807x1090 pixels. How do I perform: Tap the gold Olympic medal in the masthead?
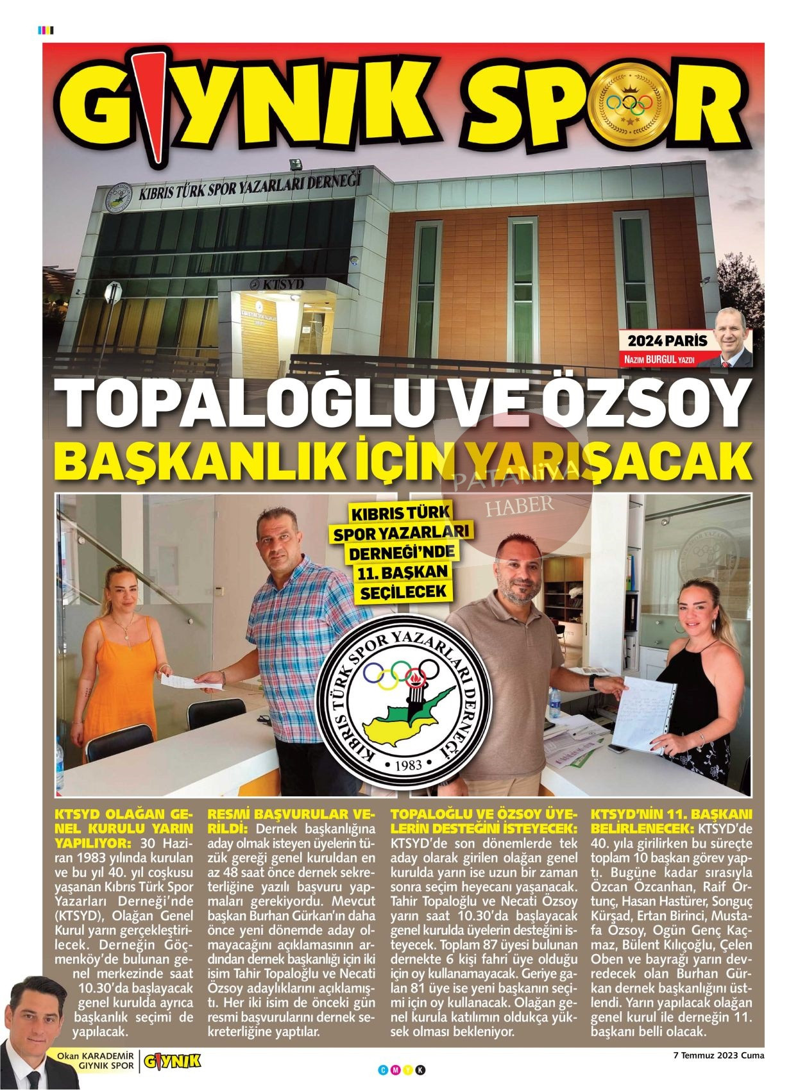(629, 106)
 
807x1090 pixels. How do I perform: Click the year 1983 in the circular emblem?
(409, 764)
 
